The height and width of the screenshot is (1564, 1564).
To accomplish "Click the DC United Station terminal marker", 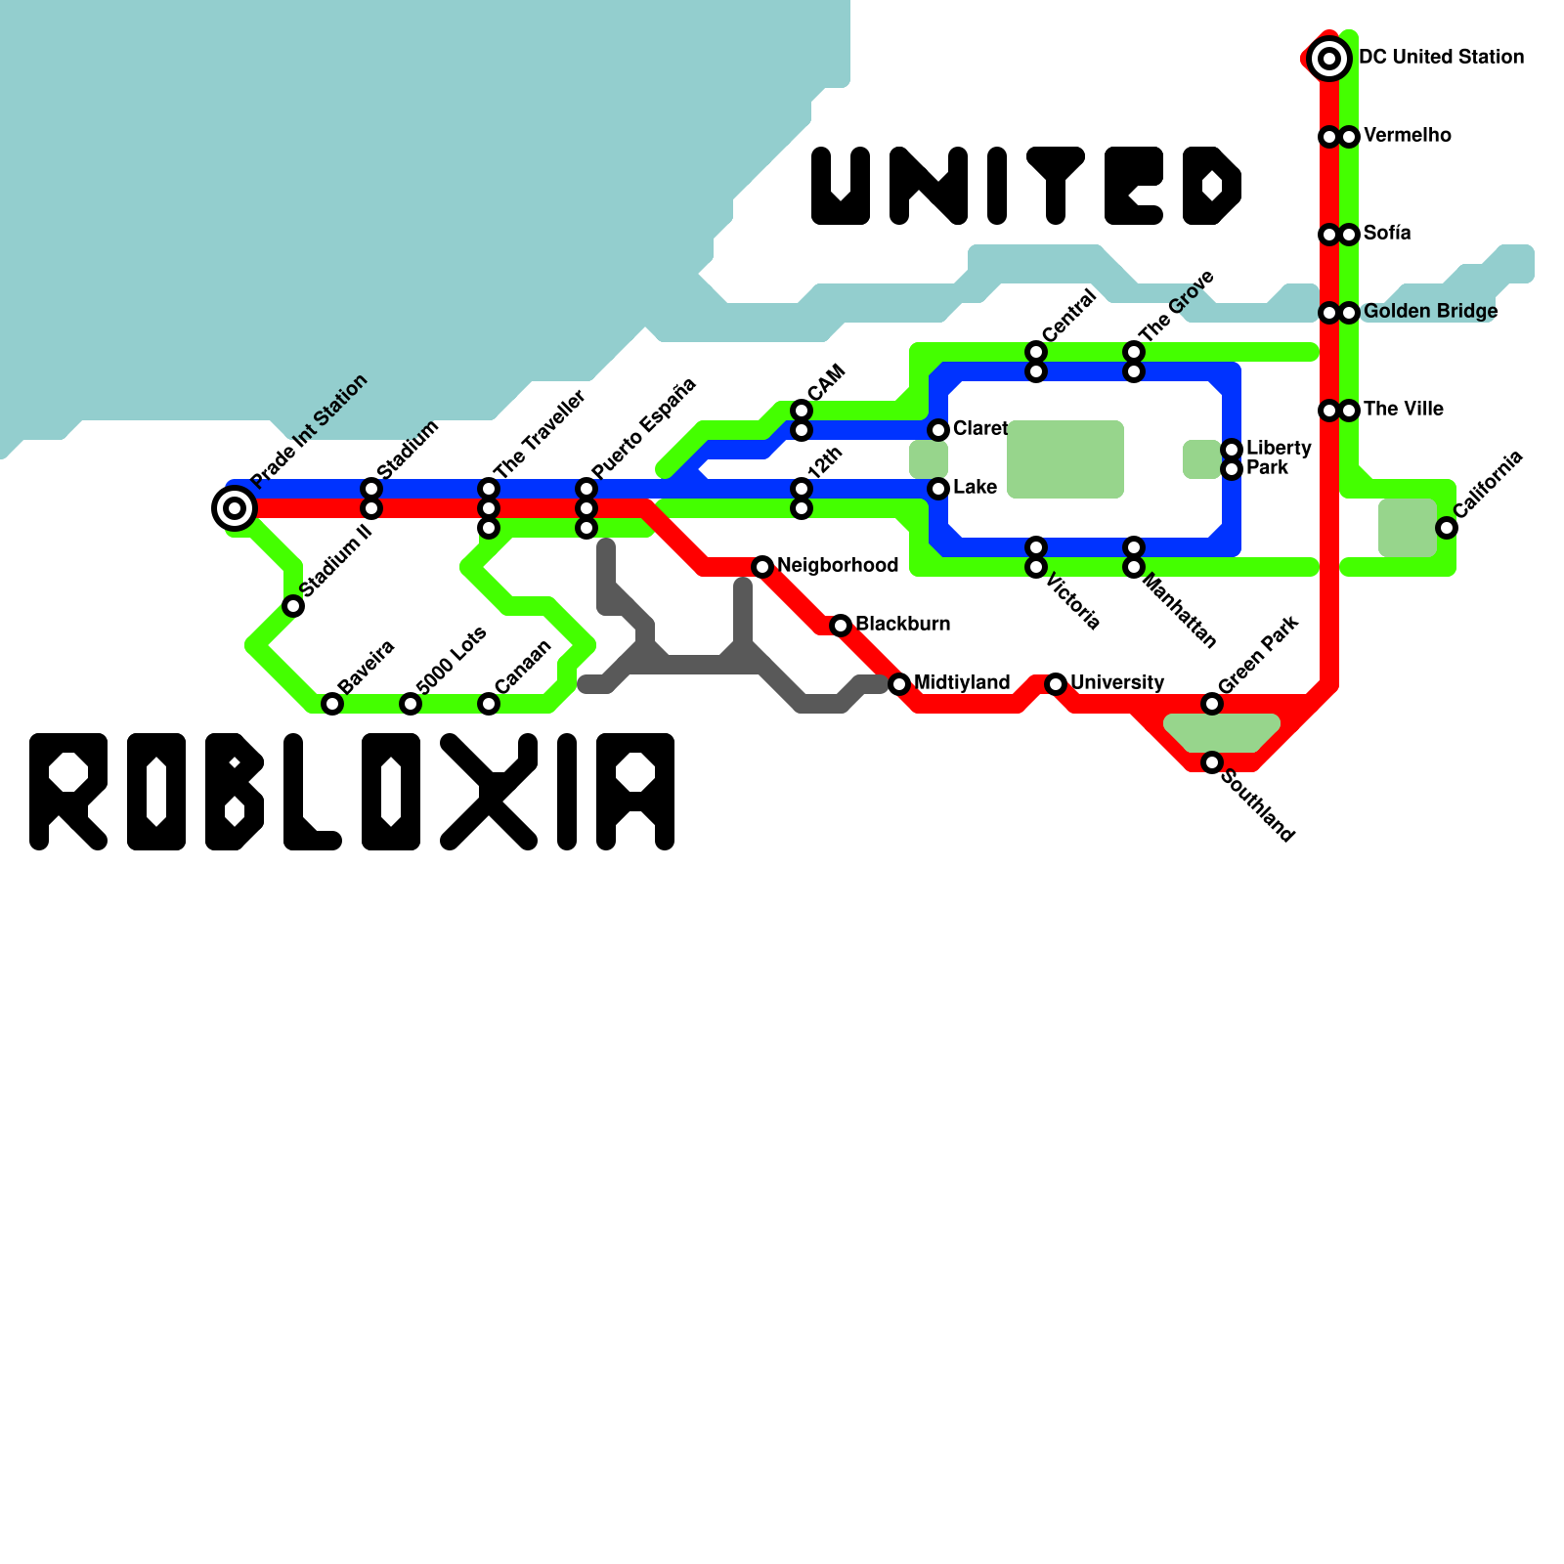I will pyautogui.click(x=1328, y=59).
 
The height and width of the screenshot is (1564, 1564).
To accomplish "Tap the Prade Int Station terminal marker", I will pyautogui.click(x=234, y=507).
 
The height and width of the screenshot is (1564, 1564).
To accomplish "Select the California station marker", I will pyautogui.click(x=1447, y=528).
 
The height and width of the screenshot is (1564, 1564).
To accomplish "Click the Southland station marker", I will pyautogui.click(x=1212, y=762).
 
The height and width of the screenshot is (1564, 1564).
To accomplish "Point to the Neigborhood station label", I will pyautogui.click(x=838, y=566).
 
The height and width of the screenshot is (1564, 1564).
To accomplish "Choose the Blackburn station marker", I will pyautogui.click(x=841, y=626).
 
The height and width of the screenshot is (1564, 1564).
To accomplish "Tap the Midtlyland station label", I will pyautogui.click(x=962, y=683).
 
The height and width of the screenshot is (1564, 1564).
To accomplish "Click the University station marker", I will pyautogui.click(x=1056, y=684).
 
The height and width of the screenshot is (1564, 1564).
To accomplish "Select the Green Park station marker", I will pyautogui.click(x=1212, y=704).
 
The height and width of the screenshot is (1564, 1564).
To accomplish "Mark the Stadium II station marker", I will pyautogui.click(x=293, y=606).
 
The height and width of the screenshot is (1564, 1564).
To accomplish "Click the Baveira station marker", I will pyautogui.click(x=332, y=704).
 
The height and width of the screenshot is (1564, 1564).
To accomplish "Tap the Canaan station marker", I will pyautogui.click(x=489, y=704).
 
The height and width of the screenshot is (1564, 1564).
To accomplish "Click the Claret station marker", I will pyautogui.click(x=938, y=430).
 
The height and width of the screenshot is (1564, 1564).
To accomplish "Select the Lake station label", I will pyautogui.click(x=975, y=488).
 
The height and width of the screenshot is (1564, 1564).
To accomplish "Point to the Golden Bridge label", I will pyautogui.click(x=1430, y=312).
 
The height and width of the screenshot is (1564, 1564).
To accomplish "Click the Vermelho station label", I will pyautogui.click(x=1407, y=136).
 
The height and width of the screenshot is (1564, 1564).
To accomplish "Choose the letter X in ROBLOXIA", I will pyautogui.click(x=489, y=791).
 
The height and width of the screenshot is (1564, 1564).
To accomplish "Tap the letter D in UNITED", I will pyautogui.click(x=1212, y=186).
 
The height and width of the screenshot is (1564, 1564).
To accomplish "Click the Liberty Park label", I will pyautogui.click(x=1279, y=457).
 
